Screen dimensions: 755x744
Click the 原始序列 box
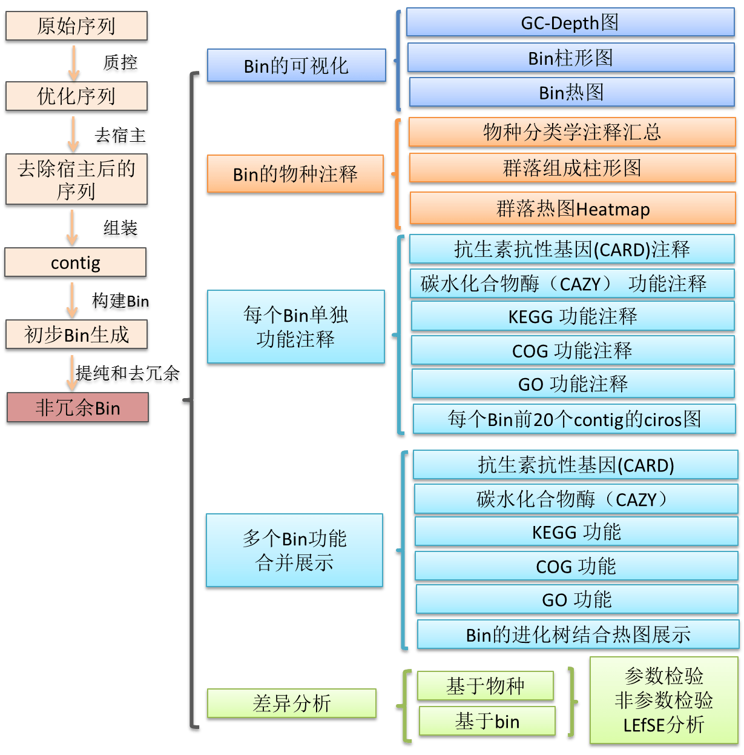tap(76, 27)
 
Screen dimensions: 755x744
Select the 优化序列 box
tap(76, 96)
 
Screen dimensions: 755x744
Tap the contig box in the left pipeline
tap(76, 263)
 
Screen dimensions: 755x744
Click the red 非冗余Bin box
tap(77, 408)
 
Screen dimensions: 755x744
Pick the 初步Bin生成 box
tap(76, 334)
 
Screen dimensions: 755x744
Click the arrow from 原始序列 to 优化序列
tap(74, 62)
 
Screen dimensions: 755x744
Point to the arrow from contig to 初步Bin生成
tap(73, 300)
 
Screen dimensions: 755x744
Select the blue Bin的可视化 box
tap(296, 66)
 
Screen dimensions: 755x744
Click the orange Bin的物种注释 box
tap(295, 175)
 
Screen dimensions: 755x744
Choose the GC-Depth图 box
tap(570, 23)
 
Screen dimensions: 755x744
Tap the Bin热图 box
tap(571, 93)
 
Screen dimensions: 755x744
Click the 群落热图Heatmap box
tap(572, 209)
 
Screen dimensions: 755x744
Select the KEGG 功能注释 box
tap(572, 316)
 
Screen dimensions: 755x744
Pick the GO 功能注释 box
tap(573, 384)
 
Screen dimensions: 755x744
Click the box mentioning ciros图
tap(574, 419)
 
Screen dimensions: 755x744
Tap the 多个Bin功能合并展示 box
tap(295, 551)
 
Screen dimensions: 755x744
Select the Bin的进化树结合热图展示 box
tap(578, 635)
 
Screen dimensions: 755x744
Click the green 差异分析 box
tap(292, 704)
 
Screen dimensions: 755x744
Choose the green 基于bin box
tap(487, 722)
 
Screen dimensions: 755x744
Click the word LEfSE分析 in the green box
tap(663, 725)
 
